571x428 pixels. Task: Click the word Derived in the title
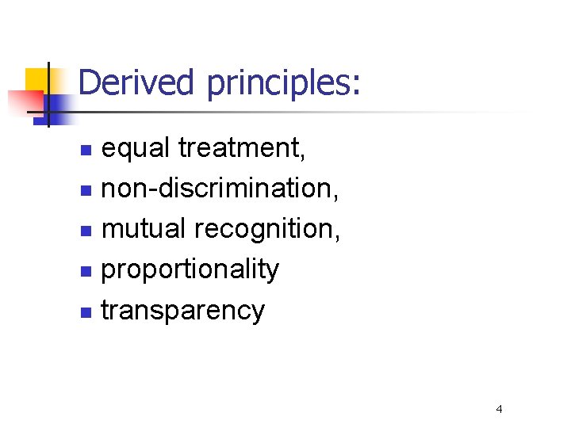pyautogui.click(x=136, y=82)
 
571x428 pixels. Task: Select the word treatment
pyautogui.click(x=255, y=147)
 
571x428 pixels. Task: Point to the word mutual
pyautogui.click(x=145, y=229)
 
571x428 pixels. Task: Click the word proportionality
pyautogui.click(x=190, y=270)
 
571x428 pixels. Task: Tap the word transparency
pyautogui.click(x=183, y=311)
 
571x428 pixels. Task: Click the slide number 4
pyautogui.click(x=499, y=409)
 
